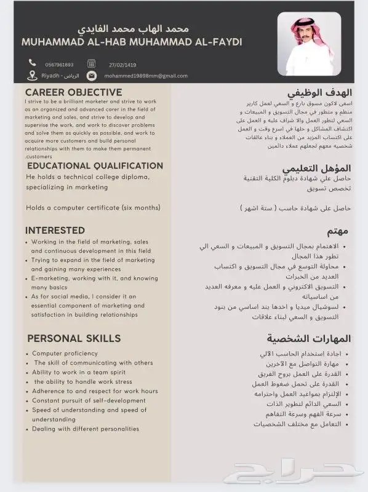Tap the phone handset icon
[x=33, y=63]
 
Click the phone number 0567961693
[x=59, y=64]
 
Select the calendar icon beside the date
[x=91, y=63]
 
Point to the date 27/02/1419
[x=122, y=63]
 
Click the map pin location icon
[x=33, y=76]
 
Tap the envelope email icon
[x=91, y=76]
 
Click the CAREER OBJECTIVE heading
[x=73, y=92]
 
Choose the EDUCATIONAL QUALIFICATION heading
[x=95, y=166]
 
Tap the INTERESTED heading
[x=55, y=230]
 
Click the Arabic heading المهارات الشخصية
[x=308, y=339]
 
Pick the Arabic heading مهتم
[x=338, y=230]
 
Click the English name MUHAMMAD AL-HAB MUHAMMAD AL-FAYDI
[x=132, y=42]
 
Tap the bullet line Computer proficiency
[x=65, y=354]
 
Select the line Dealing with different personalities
[x=86, y=429]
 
